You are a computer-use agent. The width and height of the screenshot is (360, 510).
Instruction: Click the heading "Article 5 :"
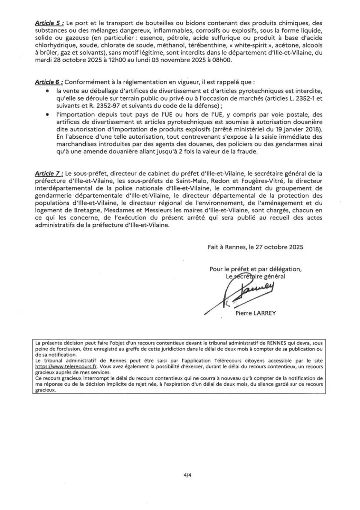(x=49, y=23)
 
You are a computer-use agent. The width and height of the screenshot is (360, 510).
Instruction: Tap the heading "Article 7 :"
(x=49, y=173)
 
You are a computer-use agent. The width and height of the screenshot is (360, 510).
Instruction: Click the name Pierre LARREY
(x=256, y=313)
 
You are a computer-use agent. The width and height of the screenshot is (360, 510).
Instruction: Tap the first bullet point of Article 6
(x=47, y=91)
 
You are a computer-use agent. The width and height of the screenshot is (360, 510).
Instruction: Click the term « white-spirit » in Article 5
(x=246, y=46)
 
